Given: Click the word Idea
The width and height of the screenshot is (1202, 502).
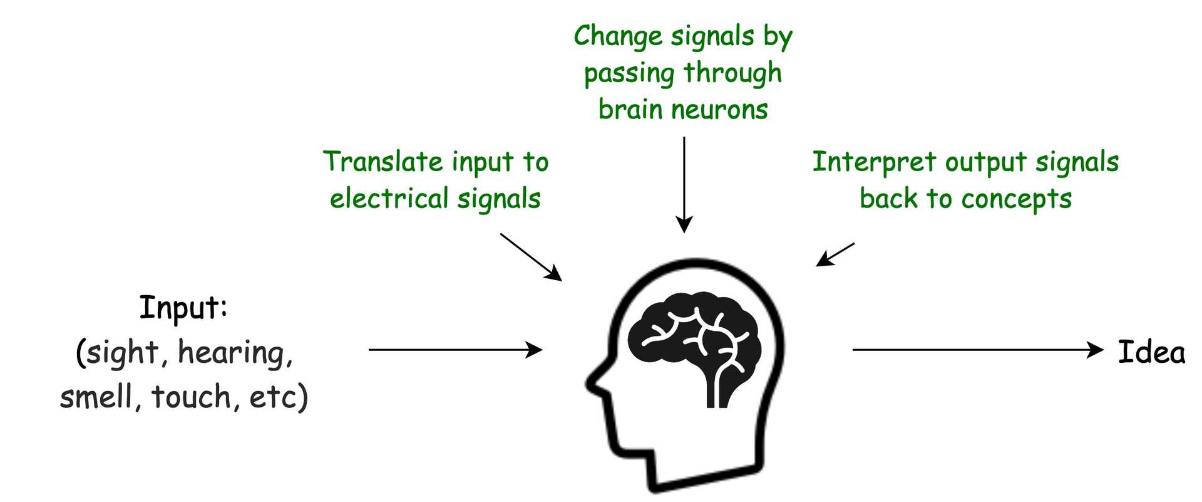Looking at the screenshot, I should pos(1151,352).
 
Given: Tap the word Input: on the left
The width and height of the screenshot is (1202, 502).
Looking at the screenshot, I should pos(183,308).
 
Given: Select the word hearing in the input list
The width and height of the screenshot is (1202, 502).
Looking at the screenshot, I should pos(235,352).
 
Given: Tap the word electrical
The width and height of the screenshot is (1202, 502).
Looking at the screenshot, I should pos(388,199).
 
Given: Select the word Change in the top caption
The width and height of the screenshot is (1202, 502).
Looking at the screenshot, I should pos(618,36).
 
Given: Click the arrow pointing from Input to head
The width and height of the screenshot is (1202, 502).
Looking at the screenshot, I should pos(455,350).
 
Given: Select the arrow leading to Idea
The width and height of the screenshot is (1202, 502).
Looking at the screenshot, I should pos(977,350).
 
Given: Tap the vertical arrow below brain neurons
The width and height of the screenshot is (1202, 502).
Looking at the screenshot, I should pos(684,185).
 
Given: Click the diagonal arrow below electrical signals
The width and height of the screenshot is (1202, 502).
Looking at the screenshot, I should pos(530,256).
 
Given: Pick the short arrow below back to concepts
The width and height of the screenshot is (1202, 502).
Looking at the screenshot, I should pos(835,254).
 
